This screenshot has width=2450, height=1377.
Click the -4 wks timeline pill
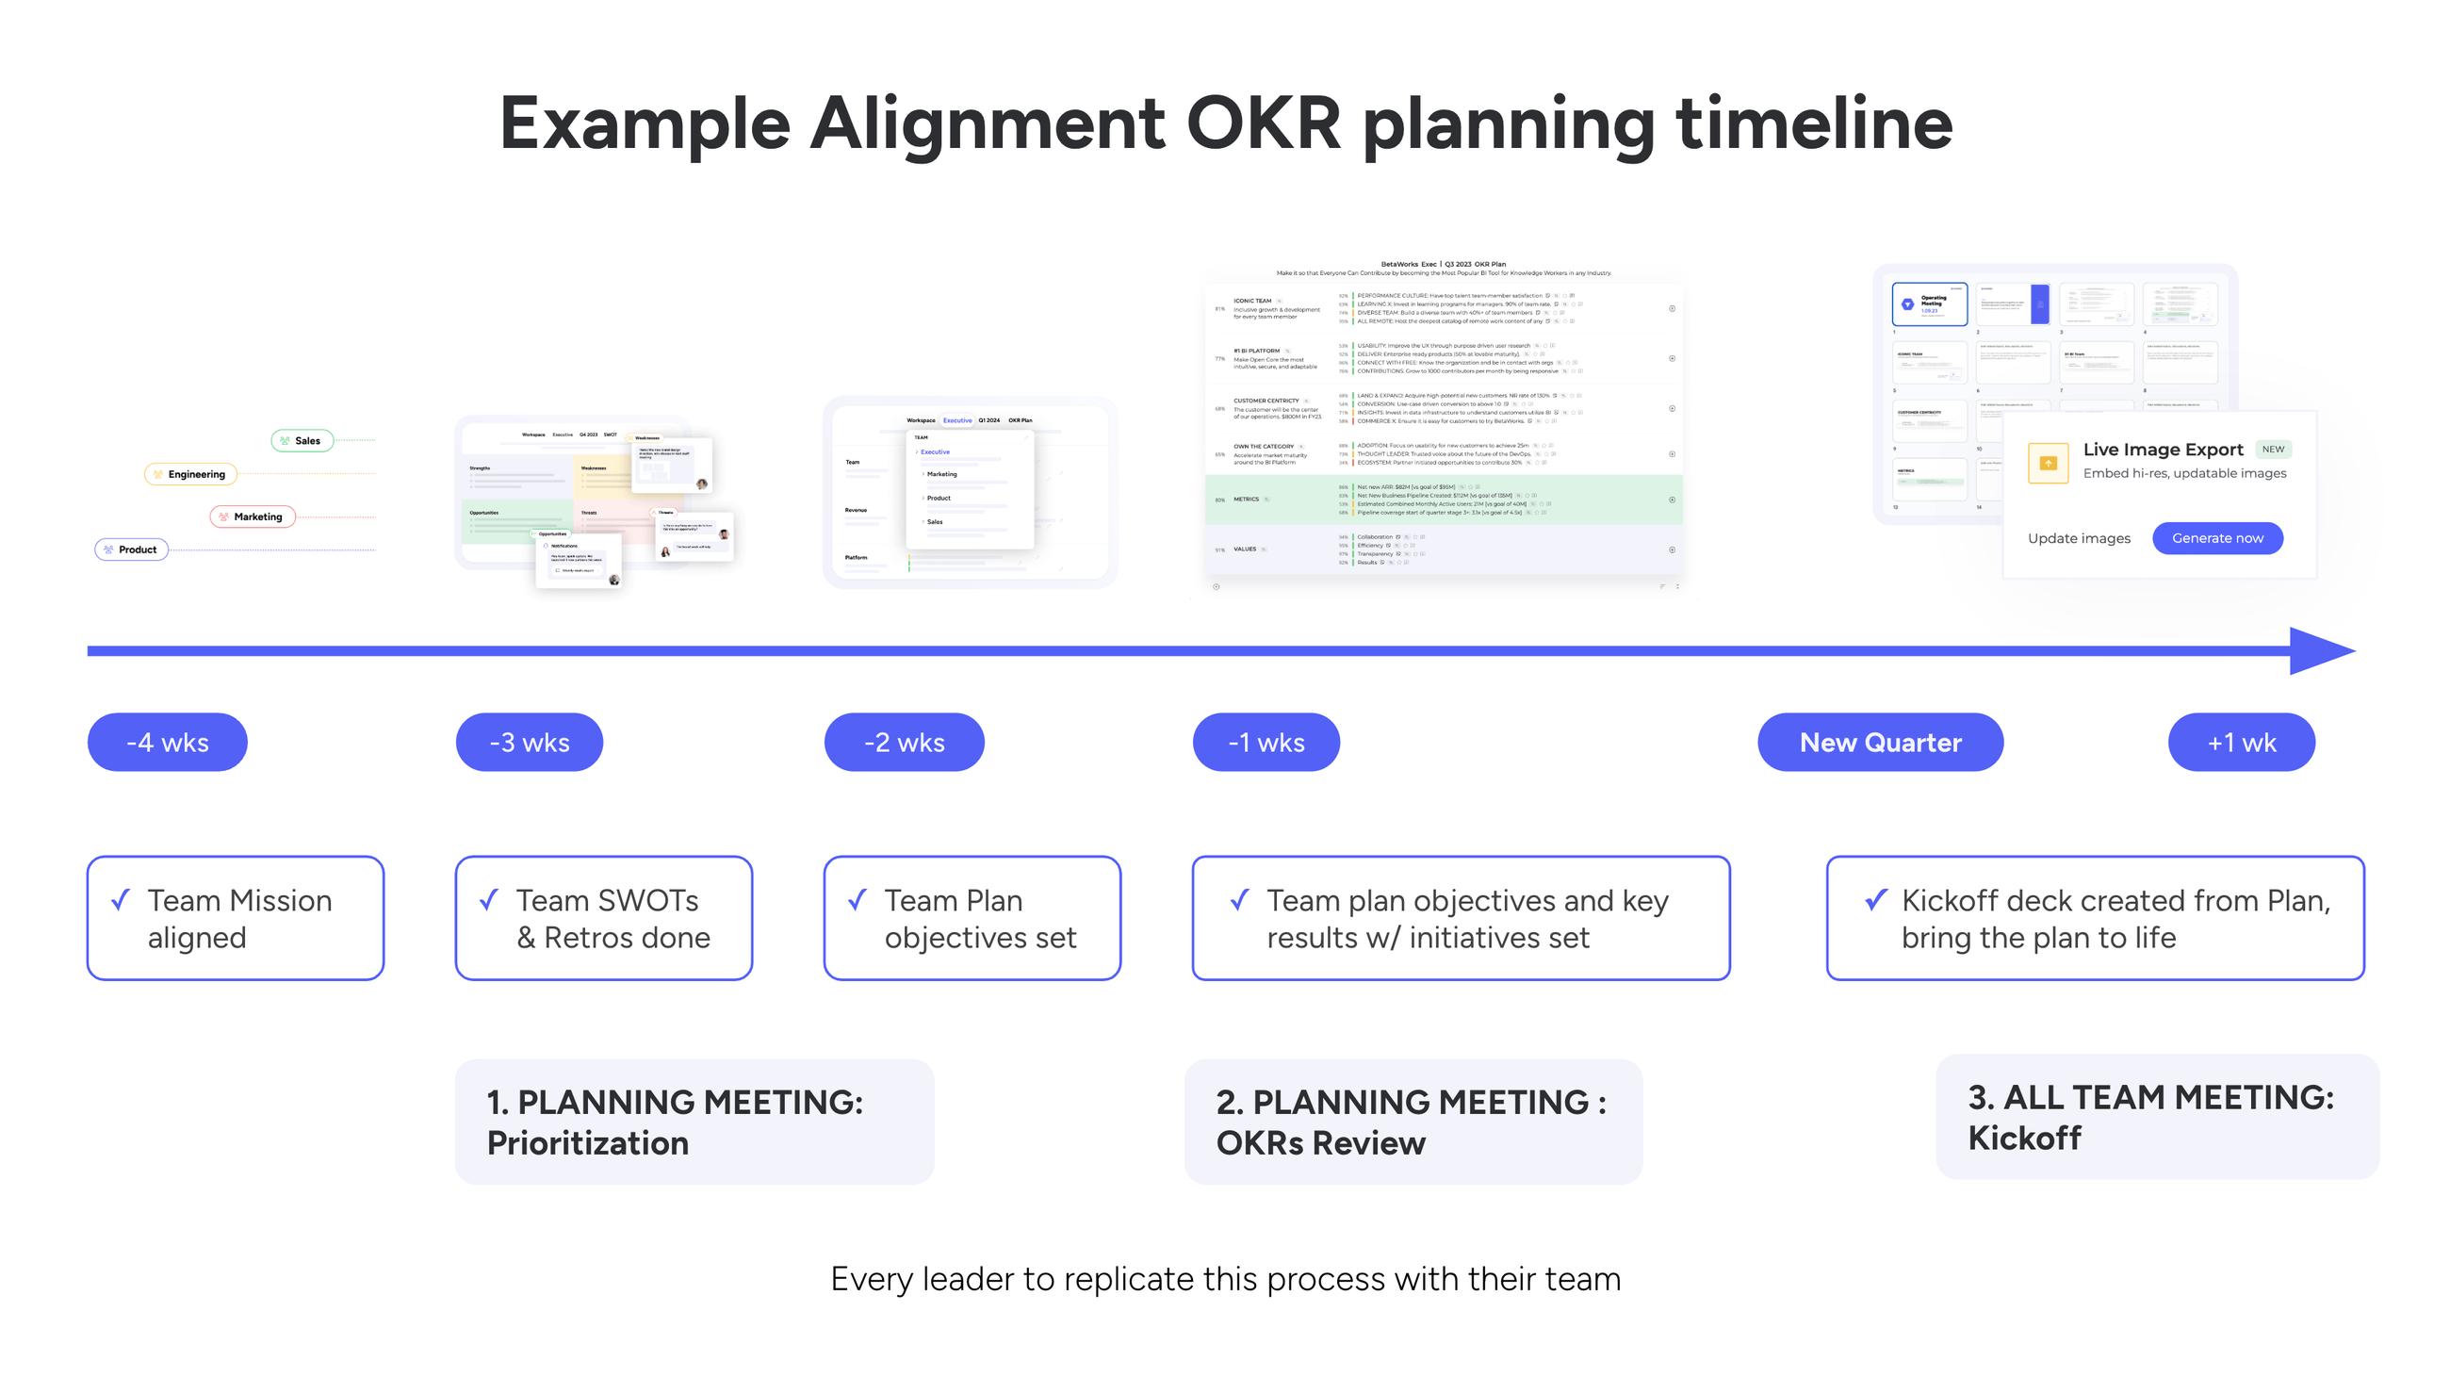coord(168,742)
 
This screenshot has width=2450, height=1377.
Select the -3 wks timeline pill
coord(529,742)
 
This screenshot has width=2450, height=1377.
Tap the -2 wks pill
coord(904,742)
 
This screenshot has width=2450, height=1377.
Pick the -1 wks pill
coord(1266,742)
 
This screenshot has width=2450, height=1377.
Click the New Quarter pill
coord(1879,742)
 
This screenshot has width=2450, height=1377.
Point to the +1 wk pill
coord(2241,742)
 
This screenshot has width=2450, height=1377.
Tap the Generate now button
coord(2217,538)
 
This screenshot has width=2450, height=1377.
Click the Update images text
coord(2078,538)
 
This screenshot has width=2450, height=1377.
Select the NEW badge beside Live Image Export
coord(2272,449)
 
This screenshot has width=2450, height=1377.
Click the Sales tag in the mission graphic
coord(302,440)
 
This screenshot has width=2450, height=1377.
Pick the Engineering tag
coord(190,473)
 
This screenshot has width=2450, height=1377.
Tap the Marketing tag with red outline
coord(252,516)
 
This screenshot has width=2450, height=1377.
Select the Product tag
coord(131,549)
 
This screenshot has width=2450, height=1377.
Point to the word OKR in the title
coord(1263,123)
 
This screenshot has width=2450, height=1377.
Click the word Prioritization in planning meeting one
coord(587,1142)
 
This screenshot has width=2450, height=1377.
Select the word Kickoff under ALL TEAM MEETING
coord(2024,1138)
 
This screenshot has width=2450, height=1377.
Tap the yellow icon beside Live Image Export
coord(2048,463)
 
